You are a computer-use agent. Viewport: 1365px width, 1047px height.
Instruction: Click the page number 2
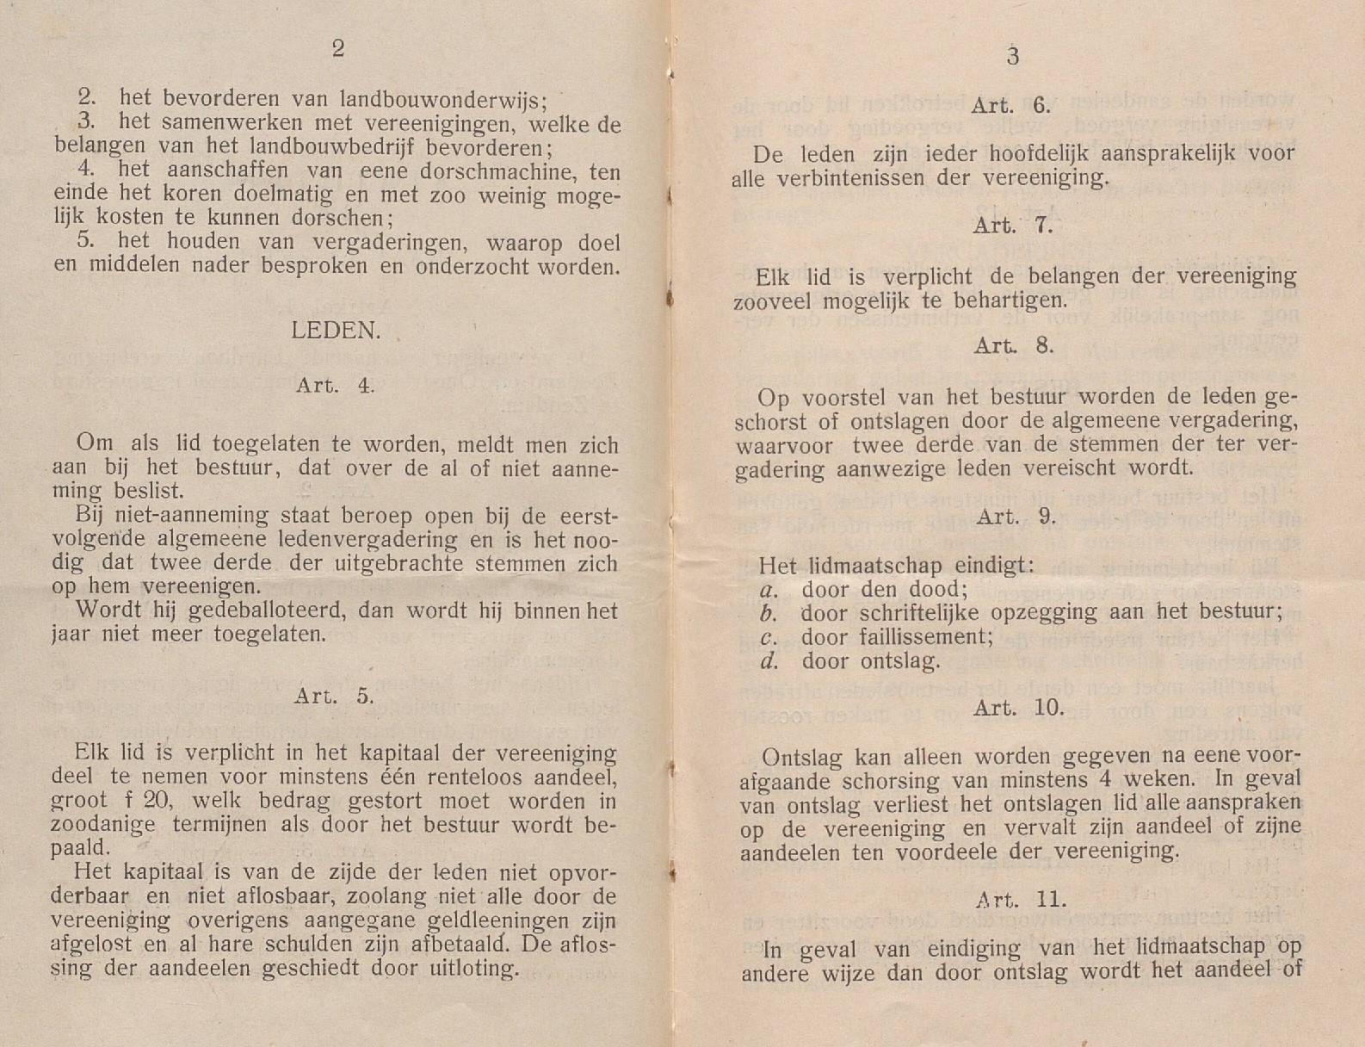pyautogui.click(x=338, y=48)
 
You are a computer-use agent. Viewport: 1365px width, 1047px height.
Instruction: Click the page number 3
pyautogui.click(x=1013, y=57)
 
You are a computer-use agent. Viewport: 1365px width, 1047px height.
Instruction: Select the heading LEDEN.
pyautogui.click(x=336, y=331)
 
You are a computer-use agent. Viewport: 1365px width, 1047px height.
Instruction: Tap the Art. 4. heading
pyautogui.click(x=335, y=385)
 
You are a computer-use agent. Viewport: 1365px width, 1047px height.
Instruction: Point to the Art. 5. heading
pyautogui.click(x=334, y=696)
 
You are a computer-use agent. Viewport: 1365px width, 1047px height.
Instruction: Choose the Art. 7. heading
pyautogui.click(x=1013, y=226)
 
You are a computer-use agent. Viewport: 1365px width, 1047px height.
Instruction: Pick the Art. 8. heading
pyautogui.click(x=1013, y=346)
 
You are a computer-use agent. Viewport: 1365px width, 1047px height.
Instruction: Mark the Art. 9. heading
pyautogui.click(x=1016, y=517)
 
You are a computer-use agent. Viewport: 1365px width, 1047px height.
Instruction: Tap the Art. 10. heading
pyautogui.click(x=1018, y=708)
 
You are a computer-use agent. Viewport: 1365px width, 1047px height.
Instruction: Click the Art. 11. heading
pyautogui.click(x=1021, y=900)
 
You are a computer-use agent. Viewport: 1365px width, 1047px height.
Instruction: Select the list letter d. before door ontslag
pyautogui.click(x=769, y=661)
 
